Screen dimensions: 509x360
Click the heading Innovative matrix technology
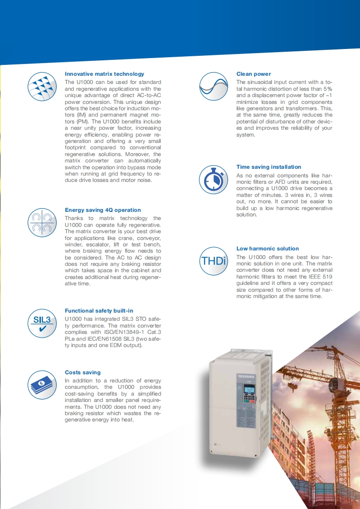click(x=104, y=74)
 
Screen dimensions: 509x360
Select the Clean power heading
click(x=253, y=74)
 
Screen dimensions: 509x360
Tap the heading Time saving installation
click(x=269, y=167)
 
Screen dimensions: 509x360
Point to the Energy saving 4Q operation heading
click(x=103, y=210)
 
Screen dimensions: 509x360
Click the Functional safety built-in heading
click(x=99, y=311)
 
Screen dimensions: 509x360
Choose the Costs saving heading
click(x=83, y=372)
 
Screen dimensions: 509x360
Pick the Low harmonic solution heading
click(x=267, y=249)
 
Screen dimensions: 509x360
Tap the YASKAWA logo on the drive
click(x=246, y=375)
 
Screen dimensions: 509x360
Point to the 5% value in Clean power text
click(x=328, y=89)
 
